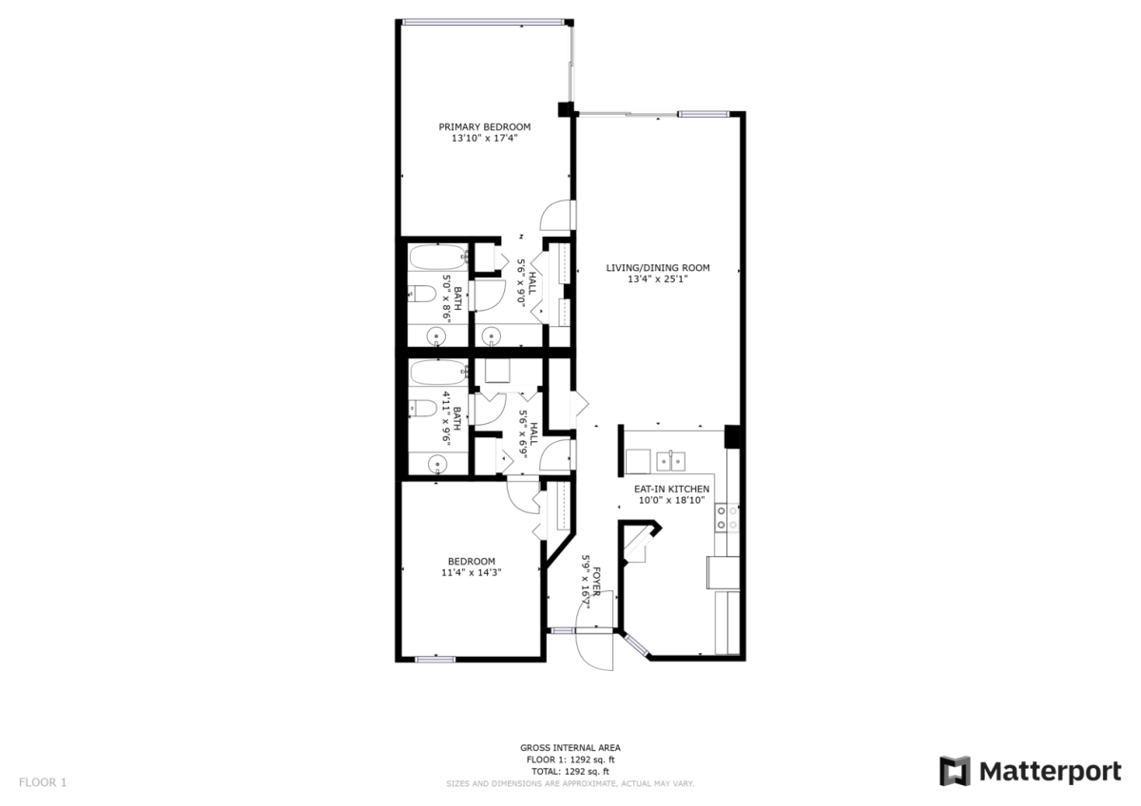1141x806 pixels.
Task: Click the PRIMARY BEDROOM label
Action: pos(484,126)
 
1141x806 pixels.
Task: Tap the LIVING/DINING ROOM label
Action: pos(658,268)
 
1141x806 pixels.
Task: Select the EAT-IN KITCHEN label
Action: pos(671,489)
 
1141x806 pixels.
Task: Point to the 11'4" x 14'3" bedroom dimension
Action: pos(472,572)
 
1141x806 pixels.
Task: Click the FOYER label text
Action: pos(596,581)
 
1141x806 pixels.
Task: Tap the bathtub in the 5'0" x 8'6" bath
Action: pos(438,258)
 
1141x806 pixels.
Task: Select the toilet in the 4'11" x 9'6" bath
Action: pos(423,409)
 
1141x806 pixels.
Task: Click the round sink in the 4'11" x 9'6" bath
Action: pos(437,464)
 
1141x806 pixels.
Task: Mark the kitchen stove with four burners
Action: pos(726,517)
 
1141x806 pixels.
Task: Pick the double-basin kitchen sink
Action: pos(671,461)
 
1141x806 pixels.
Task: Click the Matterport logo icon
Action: pos(955,771)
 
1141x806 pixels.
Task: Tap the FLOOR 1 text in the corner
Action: pos(43,782)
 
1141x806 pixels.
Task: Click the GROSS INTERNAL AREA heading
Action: pos(570,748)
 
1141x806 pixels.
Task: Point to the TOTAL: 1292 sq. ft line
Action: pos(570,772)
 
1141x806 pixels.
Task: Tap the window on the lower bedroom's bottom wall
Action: pos(435,660)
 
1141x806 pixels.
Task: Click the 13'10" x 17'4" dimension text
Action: pos(484,138)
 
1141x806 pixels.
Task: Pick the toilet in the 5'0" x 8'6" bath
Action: pos(423,294)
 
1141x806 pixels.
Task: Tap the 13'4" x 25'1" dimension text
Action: pos(658,279)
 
